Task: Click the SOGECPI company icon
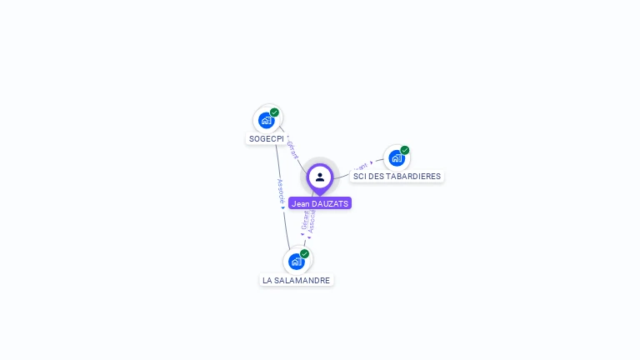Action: click(267, 120)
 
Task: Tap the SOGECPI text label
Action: click(267, 138)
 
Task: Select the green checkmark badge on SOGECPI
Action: click(274, 112)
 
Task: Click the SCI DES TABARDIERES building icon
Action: click(397, 157)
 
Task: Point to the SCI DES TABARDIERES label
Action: click(397, 176)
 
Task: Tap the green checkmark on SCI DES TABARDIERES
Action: click(405, 150)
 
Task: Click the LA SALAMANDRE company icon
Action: click(296, 261)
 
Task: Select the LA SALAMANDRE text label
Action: click(297, 280)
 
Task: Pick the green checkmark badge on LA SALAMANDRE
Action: click(304, 253)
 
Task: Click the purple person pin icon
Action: click(320, 177)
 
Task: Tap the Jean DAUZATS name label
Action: click(320, 203)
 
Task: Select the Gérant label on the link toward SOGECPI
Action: click(292, 149)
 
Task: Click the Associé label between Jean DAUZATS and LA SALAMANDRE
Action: click(312, 221)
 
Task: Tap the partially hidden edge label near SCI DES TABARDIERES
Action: click(361, 167)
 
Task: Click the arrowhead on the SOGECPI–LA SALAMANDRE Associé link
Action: click(283, 207)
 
